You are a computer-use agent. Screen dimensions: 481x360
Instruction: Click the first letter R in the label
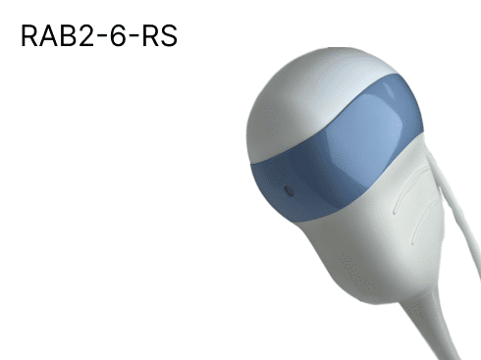pos(29,35)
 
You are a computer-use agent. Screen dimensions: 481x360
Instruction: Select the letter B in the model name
pos(68,35)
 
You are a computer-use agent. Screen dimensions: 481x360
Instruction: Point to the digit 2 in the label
pos(85,35)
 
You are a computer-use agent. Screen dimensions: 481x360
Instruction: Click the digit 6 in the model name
pos(118,35)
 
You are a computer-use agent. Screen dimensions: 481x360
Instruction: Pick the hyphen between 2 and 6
pos(101,38)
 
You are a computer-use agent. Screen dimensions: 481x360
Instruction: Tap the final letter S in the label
pos(169,35)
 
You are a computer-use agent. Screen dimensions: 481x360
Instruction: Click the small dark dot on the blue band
pos(289,191)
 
